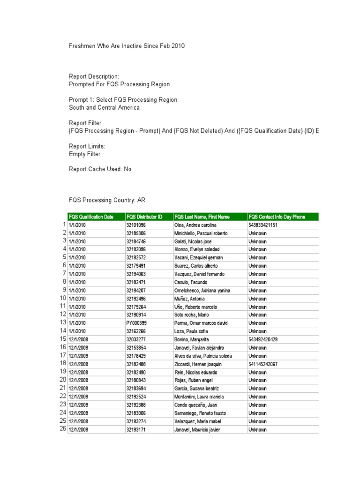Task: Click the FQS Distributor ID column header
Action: pos(144,217)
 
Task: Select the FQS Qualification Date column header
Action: pos(91,217)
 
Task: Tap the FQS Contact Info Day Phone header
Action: pos(277,217)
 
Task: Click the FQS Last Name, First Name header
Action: pos(202,217)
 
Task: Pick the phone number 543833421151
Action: pos(263,225)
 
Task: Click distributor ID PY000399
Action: pos(136,323)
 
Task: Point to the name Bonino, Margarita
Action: pos(191,339)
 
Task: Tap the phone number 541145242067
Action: pos(263,364)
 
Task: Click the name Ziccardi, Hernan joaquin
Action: pos(197,364)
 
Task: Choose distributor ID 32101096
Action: pos(136,225)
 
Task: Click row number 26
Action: pos(63,429)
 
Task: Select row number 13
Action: pos(63,322)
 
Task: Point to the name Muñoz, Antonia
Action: pos(190,299)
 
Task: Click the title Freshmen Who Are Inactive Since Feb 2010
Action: pos(127,46)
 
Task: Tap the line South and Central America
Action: pos(104,107)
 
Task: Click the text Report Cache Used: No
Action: pos(100,169)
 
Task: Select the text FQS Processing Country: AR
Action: pos(107,200)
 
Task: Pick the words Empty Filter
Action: pos(85,154)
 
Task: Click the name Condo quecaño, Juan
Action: pos(195,405)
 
